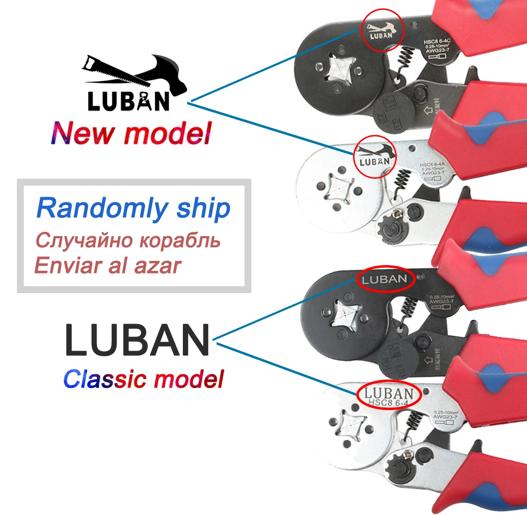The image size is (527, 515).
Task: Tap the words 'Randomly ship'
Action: click(x=133, y=209)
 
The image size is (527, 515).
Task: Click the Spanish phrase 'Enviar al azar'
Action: click(x=108, y=266)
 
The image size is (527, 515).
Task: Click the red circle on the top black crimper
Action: click(x=382, y=31)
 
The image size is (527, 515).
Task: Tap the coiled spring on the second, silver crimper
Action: click(x=403, y=182)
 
